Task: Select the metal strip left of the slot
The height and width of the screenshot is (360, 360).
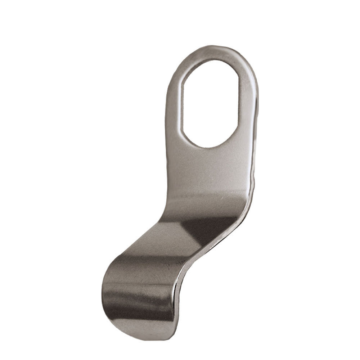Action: coord(174,108)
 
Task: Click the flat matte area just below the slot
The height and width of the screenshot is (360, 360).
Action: coord(209,169)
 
